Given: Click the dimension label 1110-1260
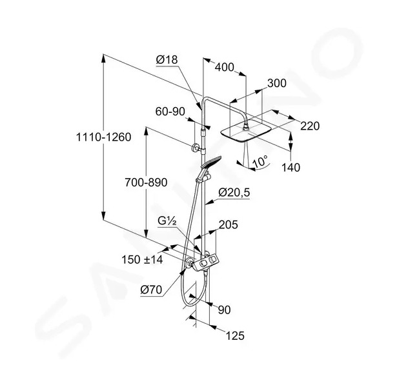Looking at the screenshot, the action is (x=103, y=137).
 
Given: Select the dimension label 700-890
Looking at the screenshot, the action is (x=146, y=183).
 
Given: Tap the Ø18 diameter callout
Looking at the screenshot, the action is (x=167, y=60).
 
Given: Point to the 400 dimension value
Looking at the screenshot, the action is (x=225, y=67).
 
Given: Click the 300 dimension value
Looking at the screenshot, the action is (x=277, y=83).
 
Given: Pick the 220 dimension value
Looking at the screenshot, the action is (x=310, y=126).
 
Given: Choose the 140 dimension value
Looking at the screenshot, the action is (x=291, y=168).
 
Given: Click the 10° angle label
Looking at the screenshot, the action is (x=260, y=161).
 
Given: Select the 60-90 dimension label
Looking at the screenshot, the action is (x=170, y=112).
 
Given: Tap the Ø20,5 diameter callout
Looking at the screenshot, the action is (x=234, y=192).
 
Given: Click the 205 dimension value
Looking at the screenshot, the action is (x=229, y=224).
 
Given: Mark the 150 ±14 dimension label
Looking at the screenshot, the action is (x=142, y=259).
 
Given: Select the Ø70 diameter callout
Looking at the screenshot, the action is (x=151, y=290).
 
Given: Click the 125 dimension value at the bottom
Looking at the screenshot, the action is (x=235, y=336).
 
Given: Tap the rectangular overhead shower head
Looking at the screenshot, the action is (x=243, y=132).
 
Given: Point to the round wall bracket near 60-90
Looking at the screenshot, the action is (x=196, y=148).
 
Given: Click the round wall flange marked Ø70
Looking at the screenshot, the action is (x=188, y=263).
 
